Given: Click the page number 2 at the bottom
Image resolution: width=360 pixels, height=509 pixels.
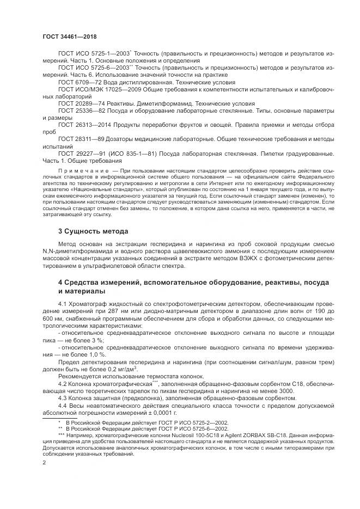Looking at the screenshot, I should [44, 462].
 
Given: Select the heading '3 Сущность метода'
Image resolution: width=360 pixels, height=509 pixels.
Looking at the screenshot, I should [93, 231].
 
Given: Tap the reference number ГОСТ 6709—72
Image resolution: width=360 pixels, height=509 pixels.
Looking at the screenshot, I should [82, 81].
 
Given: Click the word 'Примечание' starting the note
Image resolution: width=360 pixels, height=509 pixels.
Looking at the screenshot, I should [80, 171].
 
